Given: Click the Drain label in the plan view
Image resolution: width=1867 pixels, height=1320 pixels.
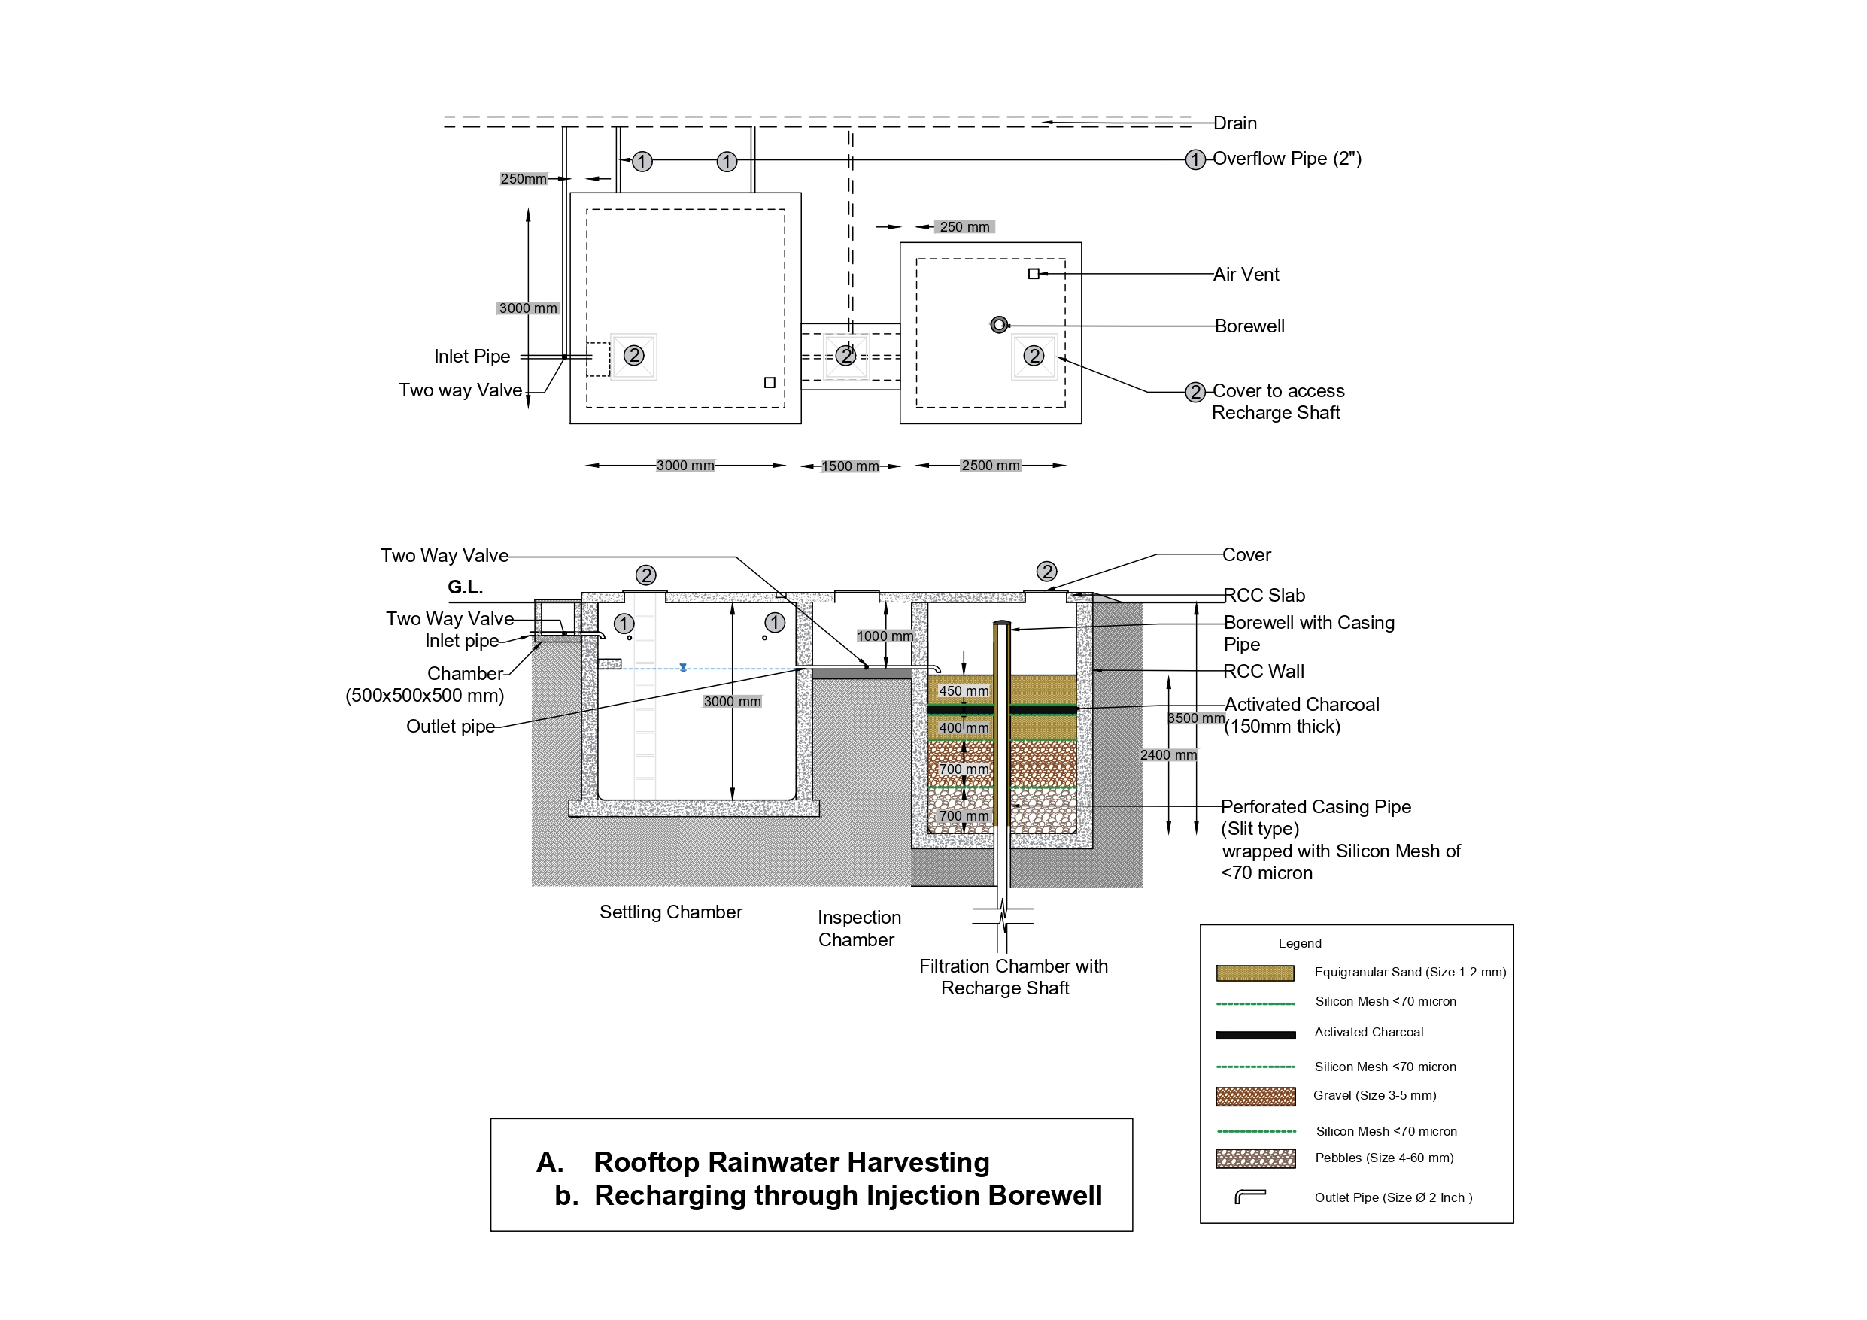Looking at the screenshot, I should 1234,123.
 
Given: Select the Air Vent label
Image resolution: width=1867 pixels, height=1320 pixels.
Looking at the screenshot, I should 1246,274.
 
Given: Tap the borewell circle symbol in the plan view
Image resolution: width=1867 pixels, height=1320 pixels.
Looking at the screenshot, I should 1000,324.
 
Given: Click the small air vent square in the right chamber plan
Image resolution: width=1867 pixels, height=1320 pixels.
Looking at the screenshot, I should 1034,273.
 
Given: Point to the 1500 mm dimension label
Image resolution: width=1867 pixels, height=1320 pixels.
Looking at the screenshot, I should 850,466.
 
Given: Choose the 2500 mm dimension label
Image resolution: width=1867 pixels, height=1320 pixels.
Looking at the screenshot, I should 990,466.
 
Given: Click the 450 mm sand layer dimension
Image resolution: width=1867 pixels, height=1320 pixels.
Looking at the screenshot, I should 964,690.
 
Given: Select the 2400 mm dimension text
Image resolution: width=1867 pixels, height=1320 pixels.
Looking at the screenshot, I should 1167,754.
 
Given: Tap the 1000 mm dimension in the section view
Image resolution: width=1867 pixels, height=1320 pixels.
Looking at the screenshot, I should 884,636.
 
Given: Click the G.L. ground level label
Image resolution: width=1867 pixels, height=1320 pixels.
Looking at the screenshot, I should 465,587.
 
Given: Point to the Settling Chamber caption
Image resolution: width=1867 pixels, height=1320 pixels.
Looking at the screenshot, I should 670,912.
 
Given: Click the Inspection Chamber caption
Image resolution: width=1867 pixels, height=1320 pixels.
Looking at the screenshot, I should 859,928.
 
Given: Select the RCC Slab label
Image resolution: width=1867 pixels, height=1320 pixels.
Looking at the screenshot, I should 1264,596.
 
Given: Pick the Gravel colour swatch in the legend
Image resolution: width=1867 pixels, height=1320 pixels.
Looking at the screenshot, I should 1255,1097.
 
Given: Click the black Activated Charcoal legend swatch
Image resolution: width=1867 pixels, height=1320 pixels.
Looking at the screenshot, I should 1255,1034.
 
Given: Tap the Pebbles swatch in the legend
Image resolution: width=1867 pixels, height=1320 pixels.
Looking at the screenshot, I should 1255,1158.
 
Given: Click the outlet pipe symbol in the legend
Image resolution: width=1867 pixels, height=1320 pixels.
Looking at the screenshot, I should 1250,1197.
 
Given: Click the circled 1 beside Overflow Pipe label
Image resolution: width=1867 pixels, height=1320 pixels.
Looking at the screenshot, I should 1195,159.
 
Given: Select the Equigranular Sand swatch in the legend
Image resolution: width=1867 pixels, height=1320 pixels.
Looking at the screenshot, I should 1255,973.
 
